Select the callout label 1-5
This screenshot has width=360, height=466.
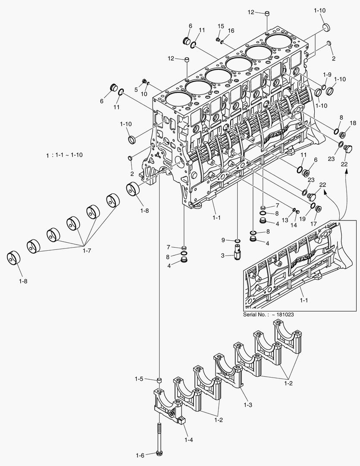(138, 379)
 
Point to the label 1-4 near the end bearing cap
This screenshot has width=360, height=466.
(188, 440)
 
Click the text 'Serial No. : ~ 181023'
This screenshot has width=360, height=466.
(269, 315)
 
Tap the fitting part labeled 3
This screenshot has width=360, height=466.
(238, 251)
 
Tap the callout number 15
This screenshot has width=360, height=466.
(221, 27)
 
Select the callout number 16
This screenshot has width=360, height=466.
(231, 31)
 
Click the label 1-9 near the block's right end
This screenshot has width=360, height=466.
(327, 74)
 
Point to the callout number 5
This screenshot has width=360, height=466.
(136, 90)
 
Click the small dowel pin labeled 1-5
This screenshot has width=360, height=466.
(159, 381)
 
